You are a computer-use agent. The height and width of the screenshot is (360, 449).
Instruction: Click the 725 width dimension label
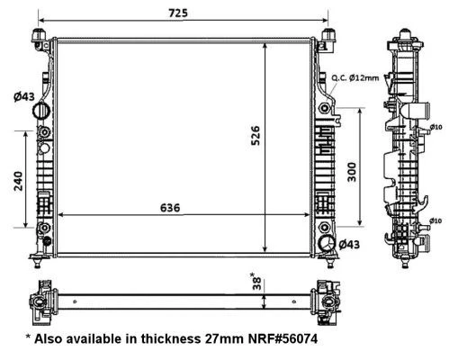click(x=178, y=13)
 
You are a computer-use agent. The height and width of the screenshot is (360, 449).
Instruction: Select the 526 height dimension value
click(x=256, y=136)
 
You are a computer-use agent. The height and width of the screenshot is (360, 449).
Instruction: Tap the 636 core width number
click(x=170, y=208)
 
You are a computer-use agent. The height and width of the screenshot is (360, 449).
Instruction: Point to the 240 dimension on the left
click(x=18, y=181)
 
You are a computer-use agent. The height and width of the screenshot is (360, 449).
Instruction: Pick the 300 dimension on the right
click(x=352, y=172)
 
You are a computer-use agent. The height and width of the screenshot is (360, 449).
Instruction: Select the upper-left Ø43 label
click(x=24, y=96)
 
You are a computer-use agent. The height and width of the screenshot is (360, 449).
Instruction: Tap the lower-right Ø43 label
click(x=349, y=245)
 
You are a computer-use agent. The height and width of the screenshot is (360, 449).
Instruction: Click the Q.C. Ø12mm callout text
click(x=355, y=78)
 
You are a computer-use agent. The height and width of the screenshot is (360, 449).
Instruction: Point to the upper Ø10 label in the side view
click(x=436, y=127)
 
